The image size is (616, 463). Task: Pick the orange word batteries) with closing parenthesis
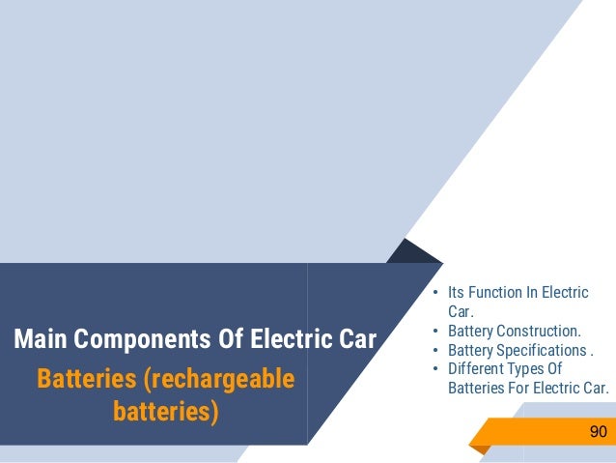click(x=166, y=412)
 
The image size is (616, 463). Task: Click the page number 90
click(x=598, y=431)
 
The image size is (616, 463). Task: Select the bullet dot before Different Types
click(x=435, y=369)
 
